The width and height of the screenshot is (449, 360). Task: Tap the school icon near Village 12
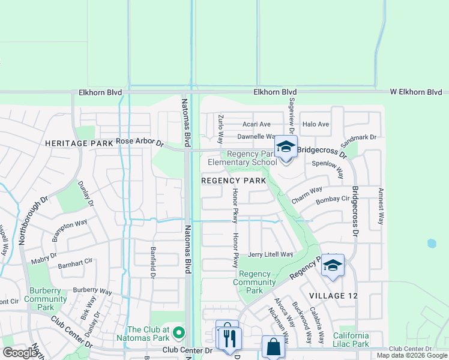pyautogui.click(x=332, y=265)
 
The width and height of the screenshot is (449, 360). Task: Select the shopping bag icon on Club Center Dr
pyautogui.click(x=273, y=347)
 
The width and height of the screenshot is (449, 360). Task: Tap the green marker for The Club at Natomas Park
pyautogui.click(x=178, y=332)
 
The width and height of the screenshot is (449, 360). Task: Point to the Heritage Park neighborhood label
pyautogui.click(x=79, y=144)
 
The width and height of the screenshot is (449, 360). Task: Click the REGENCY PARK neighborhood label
pyautogui.click(x=234, y=181)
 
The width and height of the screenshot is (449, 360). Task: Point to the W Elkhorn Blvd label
pyautogui.click(x=416, y=92)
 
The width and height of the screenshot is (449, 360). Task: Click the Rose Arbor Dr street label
pyautogui.click(x=140, y=142)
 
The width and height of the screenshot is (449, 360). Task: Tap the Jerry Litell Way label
pyautogui.click(x=270, y=254)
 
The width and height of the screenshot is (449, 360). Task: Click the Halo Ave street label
pyautogui.click(x=316, y=124)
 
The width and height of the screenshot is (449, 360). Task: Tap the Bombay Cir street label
pyautogui.click(x=332, y=199)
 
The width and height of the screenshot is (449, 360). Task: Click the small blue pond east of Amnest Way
pyautogui.click(x=431, y=244)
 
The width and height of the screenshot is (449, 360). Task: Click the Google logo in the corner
pyautogui.click(x=20, y=353)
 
